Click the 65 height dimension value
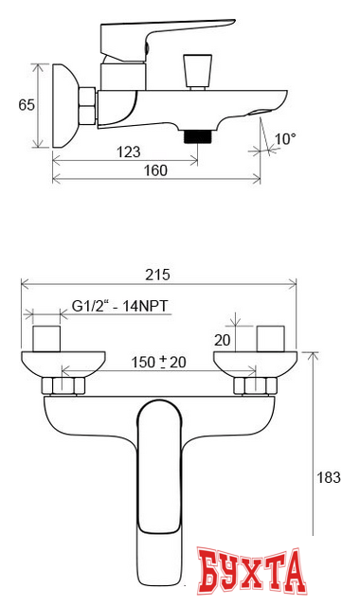[27, 105]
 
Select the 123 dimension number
[129, 151]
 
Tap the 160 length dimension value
[155, 170]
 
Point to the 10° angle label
[285, 139]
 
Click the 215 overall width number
[157, 275]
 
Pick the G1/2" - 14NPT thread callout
[120, 306]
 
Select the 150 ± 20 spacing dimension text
[158, 362]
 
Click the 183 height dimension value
[329, 477]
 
